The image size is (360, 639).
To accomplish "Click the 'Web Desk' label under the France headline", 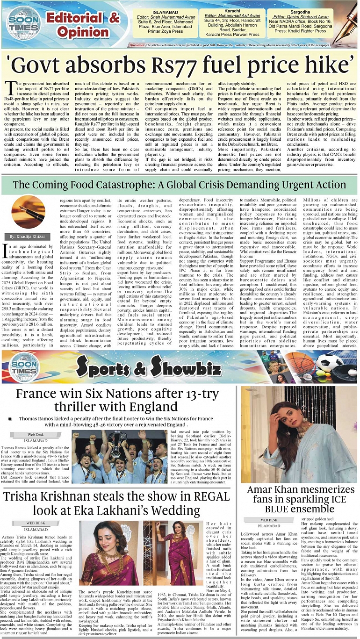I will pyautogui.click(x=36, y=434).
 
